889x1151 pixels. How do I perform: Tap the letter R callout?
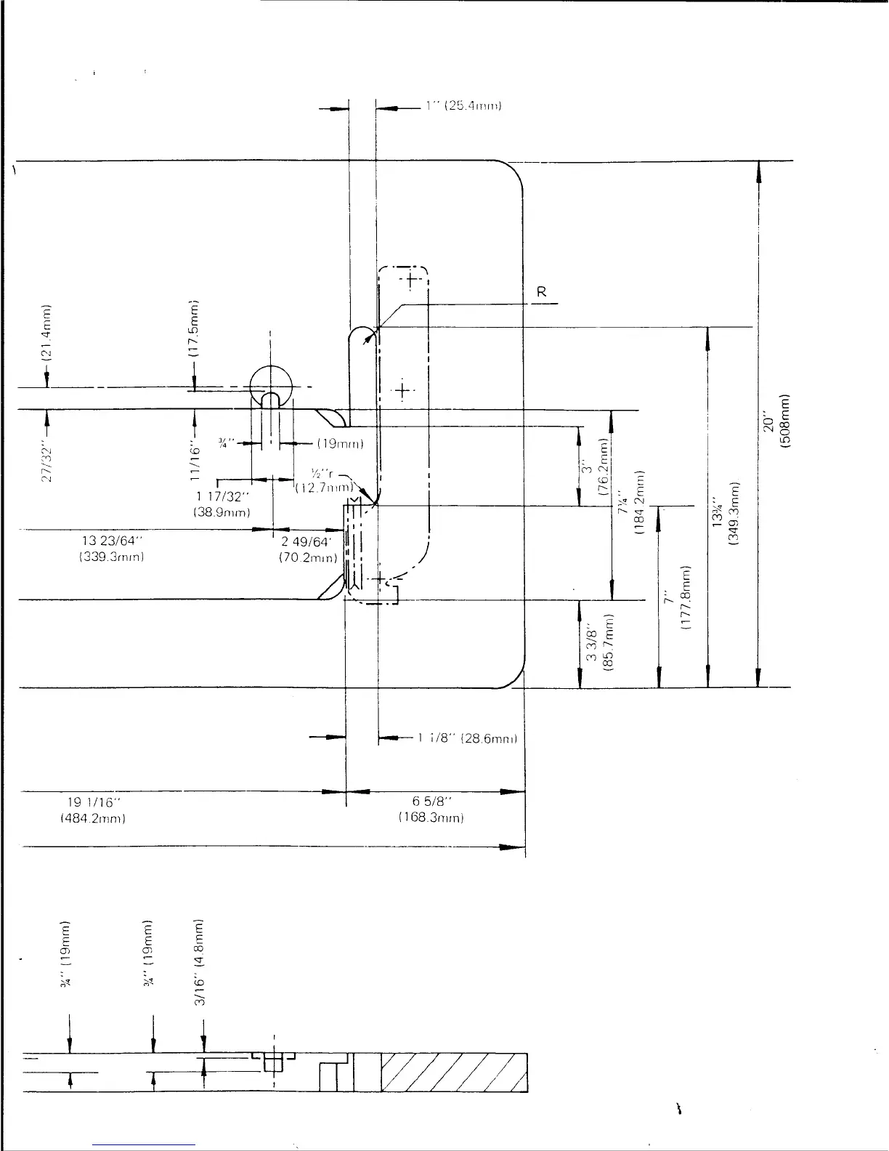(x=541, y=292)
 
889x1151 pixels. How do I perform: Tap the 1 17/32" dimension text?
(x=222, y=497)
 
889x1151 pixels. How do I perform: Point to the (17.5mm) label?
(x=194, y=328)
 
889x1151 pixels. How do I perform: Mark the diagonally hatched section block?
(x=453, y=1073)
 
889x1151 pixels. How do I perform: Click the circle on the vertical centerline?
(x=270, y=384)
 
